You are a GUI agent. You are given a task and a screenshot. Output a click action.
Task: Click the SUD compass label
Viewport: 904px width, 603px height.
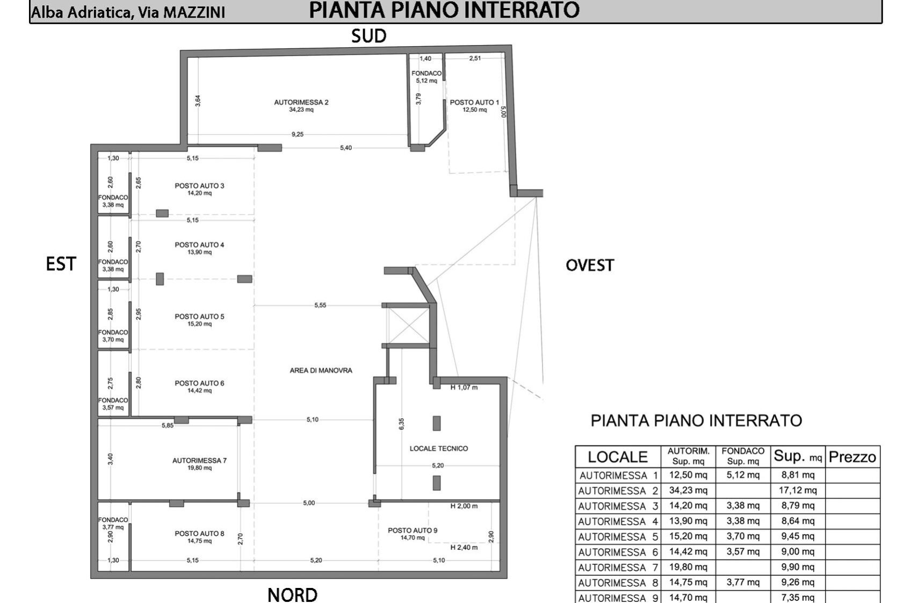pos(368,36)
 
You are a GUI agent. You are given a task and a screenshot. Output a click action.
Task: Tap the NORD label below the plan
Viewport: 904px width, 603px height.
pos(292,595)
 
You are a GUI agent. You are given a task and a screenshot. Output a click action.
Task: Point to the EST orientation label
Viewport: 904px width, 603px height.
pos(61,264)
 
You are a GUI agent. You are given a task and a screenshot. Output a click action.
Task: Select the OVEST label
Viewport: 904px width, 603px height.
pos(590,265)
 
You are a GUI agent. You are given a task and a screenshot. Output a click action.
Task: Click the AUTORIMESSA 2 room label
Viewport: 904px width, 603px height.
pos(301,102)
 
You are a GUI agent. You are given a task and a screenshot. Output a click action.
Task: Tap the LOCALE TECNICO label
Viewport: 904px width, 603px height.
pos(439,448)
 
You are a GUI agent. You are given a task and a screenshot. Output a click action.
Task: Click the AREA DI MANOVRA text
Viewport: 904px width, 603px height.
pos(321,370)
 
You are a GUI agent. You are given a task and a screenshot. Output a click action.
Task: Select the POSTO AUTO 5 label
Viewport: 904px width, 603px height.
pos(199,317)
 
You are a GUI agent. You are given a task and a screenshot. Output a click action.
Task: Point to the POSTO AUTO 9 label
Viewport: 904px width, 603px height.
pos(413,530)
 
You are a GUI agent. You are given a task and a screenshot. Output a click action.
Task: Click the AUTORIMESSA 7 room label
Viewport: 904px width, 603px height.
pos(199,461)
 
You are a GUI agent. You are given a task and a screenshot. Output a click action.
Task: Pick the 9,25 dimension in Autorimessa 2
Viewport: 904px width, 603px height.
pos(298,134)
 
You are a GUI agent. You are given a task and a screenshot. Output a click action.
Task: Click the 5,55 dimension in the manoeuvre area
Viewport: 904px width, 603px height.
pos(321,305)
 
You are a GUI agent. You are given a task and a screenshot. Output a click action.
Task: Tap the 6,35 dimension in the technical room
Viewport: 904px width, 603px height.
pos(401,423)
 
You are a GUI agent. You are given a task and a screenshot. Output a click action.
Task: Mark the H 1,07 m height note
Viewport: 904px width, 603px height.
pos(464,387)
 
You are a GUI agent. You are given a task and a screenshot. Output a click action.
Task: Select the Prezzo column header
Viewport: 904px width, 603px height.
pos(852,457)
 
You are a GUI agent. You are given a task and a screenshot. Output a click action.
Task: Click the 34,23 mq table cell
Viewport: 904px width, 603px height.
pos(688,490)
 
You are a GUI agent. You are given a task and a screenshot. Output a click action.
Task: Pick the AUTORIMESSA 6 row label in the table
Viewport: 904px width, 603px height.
pos(618,552)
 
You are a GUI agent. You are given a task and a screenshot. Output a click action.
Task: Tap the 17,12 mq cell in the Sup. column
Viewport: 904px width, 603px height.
pos(798,490)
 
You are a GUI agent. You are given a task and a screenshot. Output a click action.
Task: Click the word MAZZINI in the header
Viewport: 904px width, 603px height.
pos(194,12)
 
